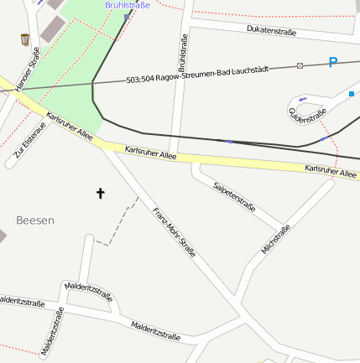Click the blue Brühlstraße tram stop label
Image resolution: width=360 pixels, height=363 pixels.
click(128, 5)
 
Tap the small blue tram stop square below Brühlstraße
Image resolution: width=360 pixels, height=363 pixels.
click(127, 16)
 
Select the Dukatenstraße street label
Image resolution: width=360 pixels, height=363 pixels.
click(271, 31)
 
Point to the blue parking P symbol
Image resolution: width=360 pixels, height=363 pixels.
click(333, 62)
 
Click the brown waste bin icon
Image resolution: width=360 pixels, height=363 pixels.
click(24, 39)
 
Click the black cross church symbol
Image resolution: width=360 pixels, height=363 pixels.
click(101, 194)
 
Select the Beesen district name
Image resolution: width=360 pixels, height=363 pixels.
click(35, 220)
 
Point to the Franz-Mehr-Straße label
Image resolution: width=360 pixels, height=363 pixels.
click(174, 231)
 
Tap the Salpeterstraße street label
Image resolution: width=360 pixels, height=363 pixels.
click(234, 196)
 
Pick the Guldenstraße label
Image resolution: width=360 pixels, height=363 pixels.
click(307, 117)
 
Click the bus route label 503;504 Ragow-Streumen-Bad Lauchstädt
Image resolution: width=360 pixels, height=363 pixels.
click(197, 75)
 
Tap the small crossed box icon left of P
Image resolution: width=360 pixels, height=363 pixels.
click(300, 65)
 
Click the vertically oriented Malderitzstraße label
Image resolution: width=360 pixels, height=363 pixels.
click(52, 331)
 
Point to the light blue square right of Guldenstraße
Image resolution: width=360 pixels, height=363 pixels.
click(352, 94)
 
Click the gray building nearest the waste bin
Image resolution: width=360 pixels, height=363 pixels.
click(50, 29)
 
